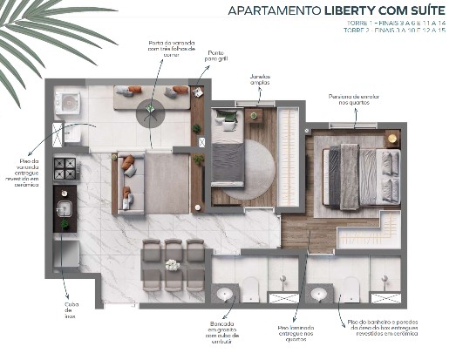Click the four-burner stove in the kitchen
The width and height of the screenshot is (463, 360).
pyautogui.click(x=65, y=166)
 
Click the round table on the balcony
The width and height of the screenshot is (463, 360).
pyautogui.click(x=151, y=107)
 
